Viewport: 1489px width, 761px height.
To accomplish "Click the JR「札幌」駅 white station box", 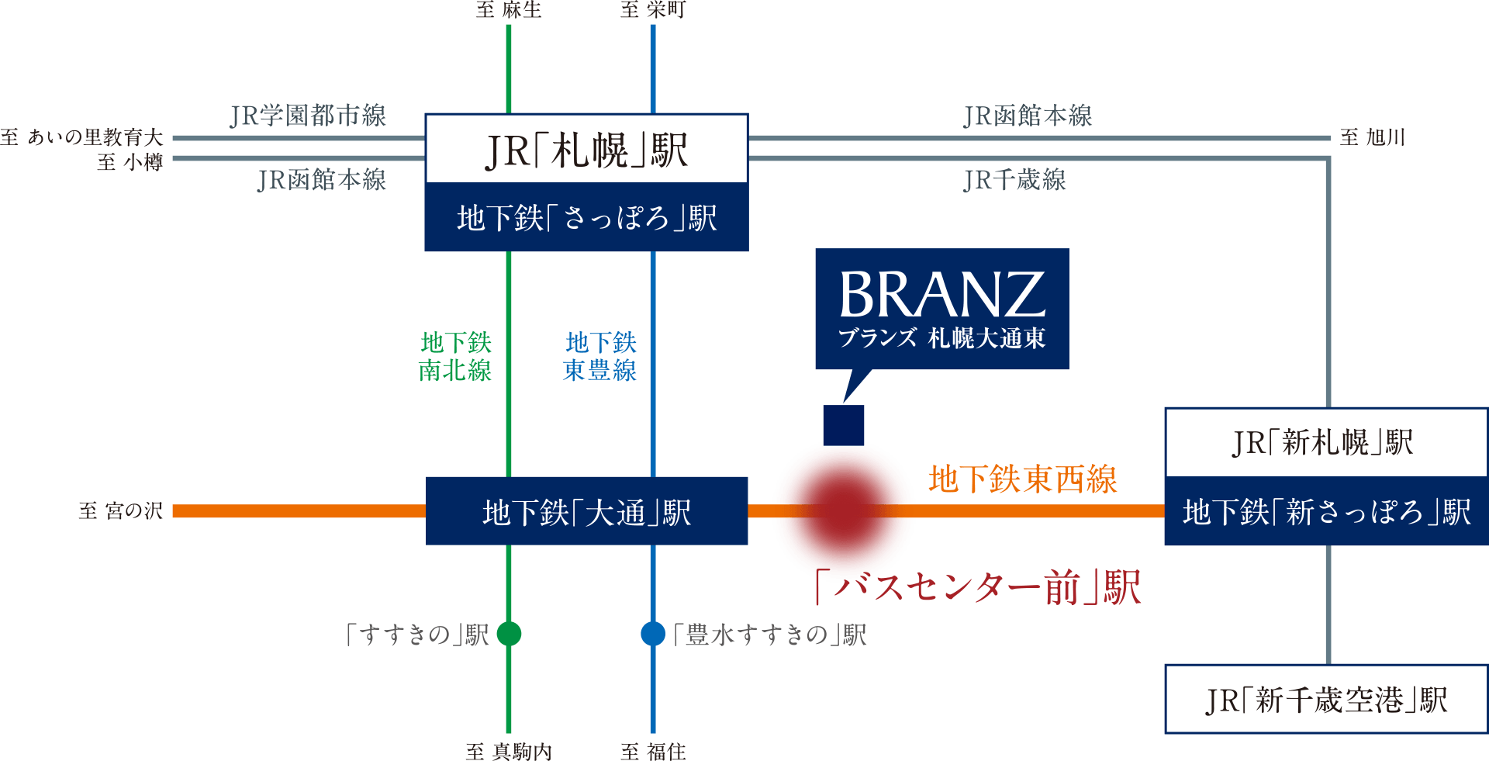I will [586, 150].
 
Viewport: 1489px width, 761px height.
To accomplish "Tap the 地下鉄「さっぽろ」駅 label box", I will [586, 218].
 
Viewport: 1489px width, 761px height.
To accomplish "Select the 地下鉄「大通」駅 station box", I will [586, 512].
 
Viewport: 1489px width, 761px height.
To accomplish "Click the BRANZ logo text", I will [941, 295].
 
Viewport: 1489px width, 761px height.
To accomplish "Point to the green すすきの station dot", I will [509, 634].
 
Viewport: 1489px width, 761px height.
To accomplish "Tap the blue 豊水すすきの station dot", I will [653, 634].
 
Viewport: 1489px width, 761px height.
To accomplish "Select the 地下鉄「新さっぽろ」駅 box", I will [1326, 512].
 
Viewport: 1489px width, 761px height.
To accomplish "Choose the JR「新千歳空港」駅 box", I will [1326, 700].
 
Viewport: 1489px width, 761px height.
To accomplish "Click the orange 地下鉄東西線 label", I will [1022, 479].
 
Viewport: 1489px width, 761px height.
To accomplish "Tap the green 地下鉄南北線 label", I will [455, 357].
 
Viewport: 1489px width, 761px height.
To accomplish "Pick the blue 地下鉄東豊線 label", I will [599, 357].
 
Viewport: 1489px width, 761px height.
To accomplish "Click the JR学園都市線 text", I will [308, 116].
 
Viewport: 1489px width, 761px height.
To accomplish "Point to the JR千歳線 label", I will [1014, 180].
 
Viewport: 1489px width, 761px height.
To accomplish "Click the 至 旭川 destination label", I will [1371, 138].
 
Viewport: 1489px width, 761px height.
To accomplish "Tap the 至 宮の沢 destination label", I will [120, 510].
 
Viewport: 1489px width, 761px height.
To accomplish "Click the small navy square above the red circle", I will [844, 425].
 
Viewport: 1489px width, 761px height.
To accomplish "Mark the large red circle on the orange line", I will [844, 512].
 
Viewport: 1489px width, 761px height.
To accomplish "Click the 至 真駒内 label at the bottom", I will [509, 751].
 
